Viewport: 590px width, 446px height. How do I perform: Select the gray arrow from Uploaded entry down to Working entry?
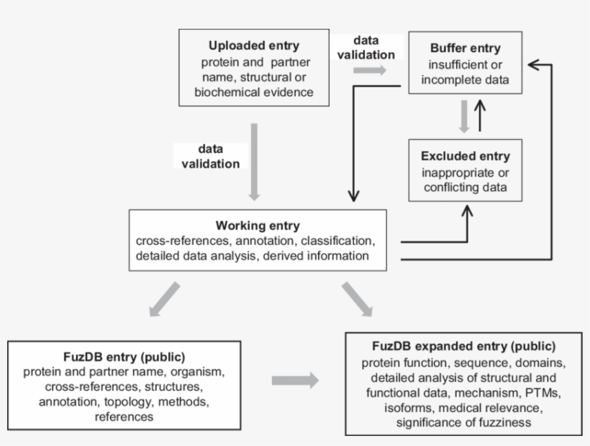point(253,162)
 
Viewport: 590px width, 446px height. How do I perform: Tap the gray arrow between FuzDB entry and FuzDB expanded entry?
point(295,380)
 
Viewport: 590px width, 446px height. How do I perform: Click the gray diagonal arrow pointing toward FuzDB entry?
point(165,299)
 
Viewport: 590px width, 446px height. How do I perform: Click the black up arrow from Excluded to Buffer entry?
point(481,115)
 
